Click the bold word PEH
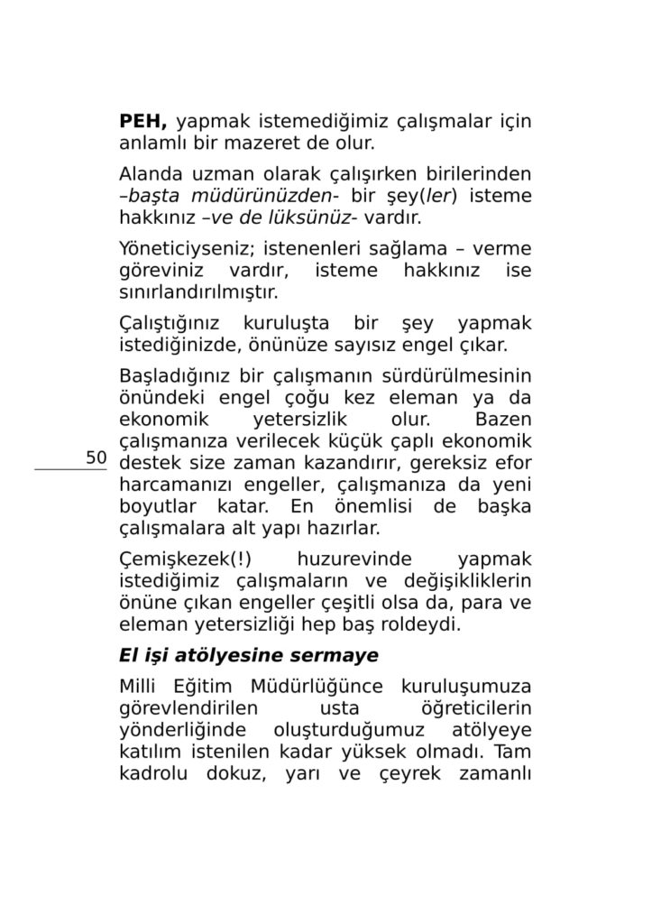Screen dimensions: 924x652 pyautogui.click(x=143, y=121)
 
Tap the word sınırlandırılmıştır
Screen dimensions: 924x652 pyautogui.click(x=198, y=292)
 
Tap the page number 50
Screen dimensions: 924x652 pyautogui.click(x=96, y=457)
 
